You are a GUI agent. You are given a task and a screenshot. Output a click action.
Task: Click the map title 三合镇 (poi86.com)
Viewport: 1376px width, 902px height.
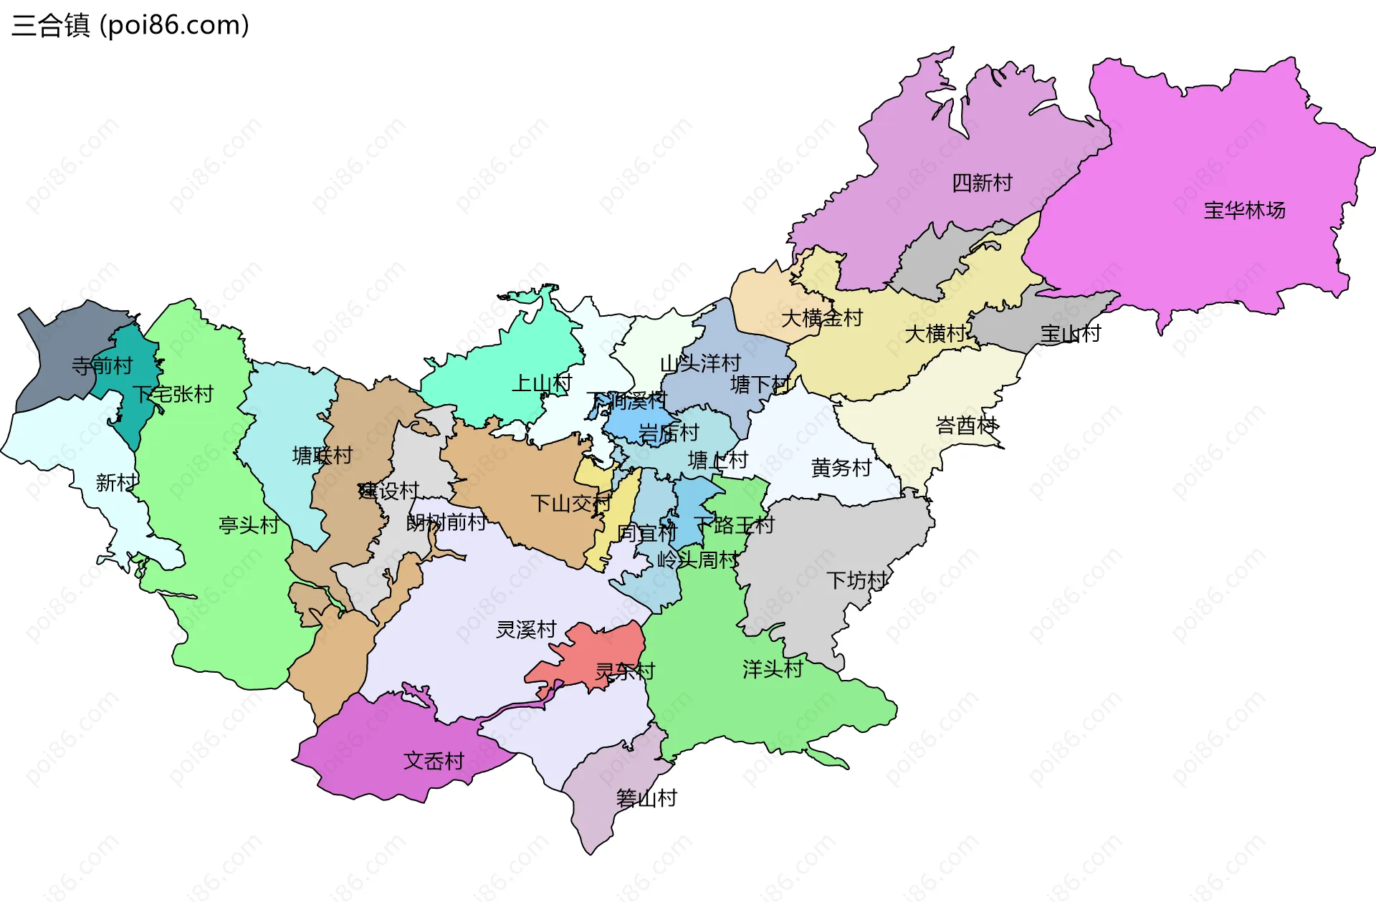coord(130,25)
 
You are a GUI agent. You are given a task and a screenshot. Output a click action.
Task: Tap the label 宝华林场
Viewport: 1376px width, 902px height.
coord(1244,210)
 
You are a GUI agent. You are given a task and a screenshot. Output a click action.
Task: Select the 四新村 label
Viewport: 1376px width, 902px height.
coord(982,183)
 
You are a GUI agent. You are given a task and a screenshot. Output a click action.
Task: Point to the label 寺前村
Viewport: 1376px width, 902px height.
coord(102,366)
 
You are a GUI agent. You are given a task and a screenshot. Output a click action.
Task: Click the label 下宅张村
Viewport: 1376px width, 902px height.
coord(173,393)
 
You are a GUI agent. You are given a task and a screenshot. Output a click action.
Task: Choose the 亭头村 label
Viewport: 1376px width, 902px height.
coord(249,524)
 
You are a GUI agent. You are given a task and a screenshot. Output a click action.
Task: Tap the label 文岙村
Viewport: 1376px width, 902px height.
coord(434,760)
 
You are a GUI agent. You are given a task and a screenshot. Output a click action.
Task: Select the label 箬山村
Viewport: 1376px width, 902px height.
coord(646,797)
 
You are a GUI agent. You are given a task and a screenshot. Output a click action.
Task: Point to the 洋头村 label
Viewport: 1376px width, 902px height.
coord(773,668)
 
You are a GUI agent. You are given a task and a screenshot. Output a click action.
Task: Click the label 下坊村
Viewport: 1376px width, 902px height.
coord(856,580)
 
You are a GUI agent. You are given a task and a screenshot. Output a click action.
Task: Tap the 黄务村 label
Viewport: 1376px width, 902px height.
coord(841,467)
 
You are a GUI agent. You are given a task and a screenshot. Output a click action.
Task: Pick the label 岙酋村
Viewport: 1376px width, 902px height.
coord(967,425)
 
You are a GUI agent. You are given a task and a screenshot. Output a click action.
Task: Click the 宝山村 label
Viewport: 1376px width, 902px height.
coord(1070,333)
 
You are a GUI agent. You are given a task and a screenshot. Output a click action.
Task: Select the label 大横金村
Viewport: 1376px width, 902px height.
coord(821,317)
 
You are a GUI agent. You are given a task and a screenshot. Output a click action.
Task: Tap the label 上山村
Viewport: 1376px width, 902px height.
coord(541,383)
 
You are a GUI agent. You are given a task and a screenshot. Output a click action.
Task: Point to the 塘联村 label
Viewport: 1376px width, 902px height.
coord(322,455)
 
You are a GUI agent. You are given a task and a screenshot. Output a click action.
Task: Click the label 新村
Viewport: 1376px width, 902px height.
coord(116,482)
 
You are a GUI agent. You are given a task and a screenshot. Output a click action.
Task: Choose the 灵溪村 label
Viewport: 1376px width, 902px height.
coord(526,629)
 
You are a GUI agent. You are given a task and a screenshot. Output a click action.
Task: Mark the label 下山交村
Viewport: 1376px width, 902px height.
coord(570,503)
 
